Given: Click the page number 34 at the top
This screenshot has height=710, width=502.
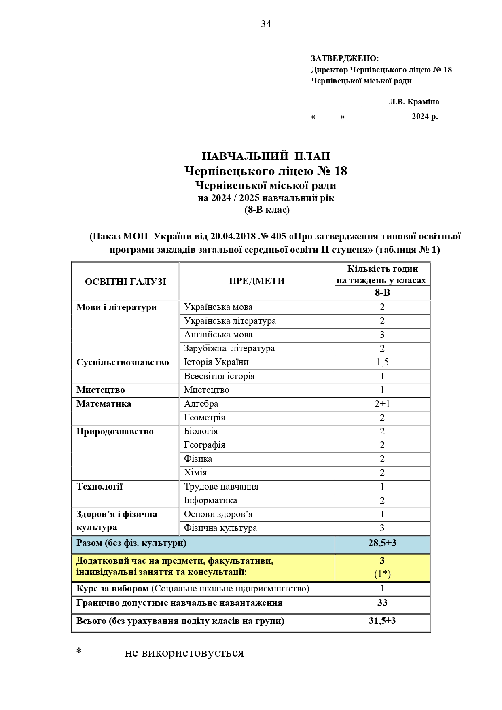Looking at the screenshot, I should tap(266, 24).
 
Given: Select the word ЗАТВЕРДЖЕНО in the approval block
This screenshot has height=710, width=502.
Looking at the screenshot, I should tap(344, 59).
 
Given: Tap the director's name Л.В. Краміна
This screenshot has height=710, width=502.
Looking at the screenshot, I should tap(414, 102).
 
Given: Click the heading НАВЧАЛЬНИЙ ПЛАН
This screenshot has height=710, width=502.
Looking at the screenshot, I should tap(266, 156).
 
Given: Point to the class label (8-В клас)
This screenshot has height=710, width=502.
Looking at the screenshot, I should tap(267, 210).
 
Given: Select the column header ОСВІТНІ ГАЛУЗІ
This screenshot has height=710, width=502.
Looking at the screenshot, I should tap(125, 282).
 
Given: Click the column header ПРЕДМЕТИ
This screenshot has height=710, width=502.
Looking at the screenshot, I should tap(257, 281).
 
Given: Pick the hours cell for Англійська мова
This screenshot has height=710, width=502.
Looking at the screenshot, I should tap(382, 335).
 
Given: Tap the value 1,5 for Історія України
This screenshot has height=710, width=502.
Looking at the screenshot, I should tap(382, 362).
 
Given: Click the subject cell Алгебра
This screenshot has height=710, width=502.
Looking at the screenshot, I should tap(201, 404).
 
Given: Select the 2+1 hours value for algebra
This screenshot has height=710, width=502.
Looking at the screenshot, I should tap(382, 404).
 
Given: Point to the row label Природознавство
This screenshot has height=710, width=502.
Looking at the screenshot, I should tap(115, 432).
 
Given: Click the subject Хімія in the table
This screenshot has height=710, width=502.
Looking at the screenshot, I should tap(195, 473).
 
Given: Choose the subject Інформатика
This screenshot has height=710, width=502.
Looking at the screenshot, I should tap(210, 500).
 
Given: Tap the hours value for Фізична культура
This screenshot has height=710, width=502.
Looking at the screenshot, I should tap(382, 528).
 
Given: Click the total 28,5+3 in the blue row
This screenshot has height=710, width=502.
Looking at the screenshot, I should tap(382, 543).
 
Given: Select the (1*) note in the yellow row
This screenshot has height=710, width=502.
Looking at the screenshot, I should tap(382, 574).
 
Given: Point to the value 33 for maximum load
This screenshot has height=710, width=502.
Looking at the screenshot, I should tap(382, 603).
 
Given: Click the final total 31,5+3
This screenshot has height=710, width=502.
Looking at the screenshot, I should tap(382, 621).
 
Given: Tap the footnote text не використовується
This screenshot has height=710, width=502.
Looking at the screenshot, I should tap(184, 653).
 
